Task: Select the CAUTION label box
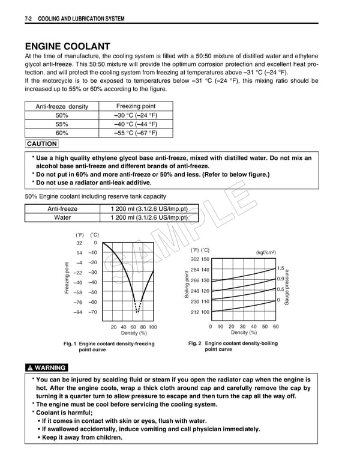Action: [x=42, y=144]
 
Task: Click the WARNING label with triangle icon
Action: [x=46, y=368]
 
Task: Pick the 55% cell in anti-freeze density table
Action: [x=61, y=124]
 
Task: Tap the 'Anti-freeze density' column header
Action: [x=61, y=106]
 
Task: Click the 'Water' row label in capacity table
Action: [x=62, y=218]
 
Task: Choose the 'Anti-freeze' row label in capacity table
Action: [x=62, y=209]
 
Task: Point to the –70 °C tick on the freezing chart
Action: [x=92, y=312]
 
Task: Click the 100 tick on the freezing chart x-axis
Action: [x=152, y=327]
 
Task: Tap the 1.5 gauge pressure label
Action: [x=281, y=268]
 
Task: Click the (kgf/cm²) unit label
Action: [x=266, y=252]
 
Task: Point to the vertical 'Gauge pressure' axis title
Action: [x=287, y=285]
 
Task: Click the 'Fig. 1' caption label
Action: [x=70, y=343]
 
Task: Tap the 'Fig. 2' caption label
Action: [x=194, y=343]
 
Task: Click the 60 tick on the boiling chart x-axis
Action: [x=275, y=327]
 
